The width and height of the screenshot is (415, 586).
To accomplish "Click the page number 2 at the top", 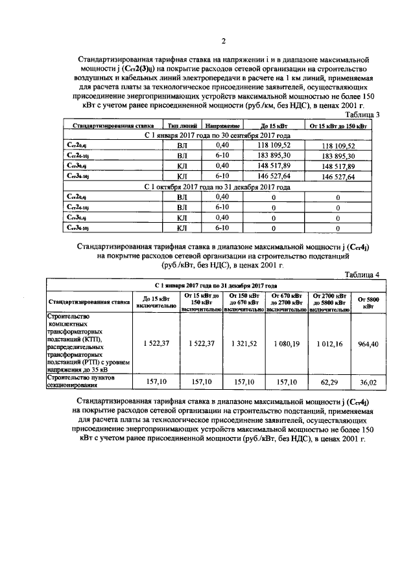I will (x=222, y=42).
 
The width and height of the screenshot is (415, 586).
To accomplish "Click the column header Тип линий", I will (x=181, y=125).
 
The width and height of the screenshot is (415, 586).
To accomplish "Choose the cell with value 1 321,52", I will (x=244, y=343).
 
